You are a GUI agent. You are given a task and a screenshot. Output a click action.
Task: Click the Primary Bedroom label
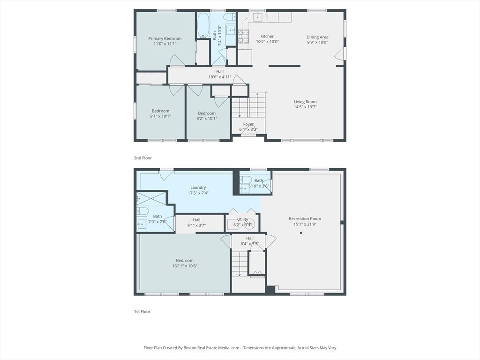click(x=165, y=38)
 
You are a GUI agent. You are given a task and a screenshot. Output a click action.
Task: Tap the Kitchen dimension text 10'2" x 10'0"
click(x=267, y=42)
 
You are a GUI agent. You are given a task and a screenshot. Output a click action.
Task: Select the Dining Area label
click(x=317, y=37)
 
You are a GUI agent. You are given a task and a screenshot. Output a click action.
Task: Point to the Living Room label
click(x=305, y=102)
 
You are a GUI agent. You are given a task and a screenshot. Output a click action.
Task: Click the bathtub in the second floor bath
click(x=203, y=25)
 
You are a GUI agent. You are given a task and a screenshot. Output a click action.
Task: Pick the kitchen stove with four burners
click(x=244, y=37)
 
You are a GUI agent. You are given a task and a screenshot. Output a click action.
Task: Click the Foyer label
click(x=248, y=124)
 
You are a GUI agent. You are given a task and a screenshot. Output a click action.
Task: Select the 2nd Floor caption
click(x=142, y=158)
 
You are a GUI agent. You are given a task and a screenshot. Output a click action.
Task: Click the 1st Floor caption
click(x=142, y=312)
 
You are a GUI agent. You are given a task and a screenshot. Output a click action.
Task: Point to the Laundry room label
click(x=198, y=187)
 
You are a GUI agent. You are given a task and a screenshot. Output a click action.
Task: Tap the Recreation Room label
click(x=305, y=218)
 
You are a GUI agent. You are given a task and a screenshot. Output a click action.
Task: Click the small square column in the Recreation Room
click(x=301, y=233)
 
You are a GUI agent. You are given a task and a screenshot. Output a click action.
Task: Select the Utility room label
click(x=242, y=219)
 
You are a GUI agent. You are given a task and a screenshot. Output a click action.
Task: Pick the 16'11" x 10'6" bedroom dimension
click(x=185, y=266)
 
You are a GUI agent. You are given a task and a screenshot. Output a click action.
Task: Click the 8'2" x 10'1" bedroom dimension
click(x=207, y=119)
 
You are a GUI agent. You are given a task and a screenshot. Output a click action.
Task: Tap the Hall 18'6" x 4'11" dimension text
click(x=220, y=77)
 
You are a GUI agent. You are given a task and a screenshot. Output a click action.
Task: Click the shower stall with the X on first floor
click(x=151, y=198)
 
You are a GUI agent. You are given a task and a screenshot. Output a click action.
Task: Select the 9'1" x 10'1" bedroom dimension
click(x=160, y=116)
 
